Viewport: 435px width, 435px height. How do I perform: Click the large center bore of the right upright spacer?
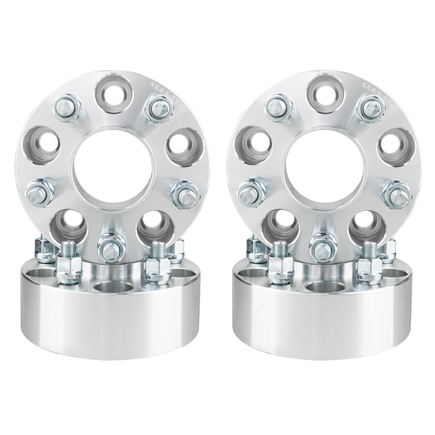tap(323, 167)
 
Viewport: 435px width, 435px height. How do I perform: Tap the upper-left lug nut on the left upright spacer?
tap(67, 107)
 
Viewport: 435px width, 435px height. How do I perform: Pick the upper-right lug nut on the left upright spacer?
tap(159, 109)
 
